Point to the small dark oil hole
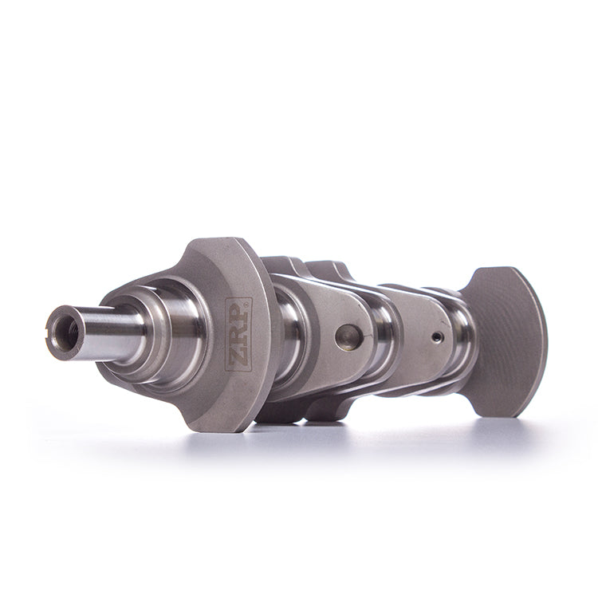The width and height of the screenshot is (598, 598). coord(435,336)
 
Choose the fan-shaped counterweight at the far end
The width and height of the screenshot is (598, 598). coord(506,338)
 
